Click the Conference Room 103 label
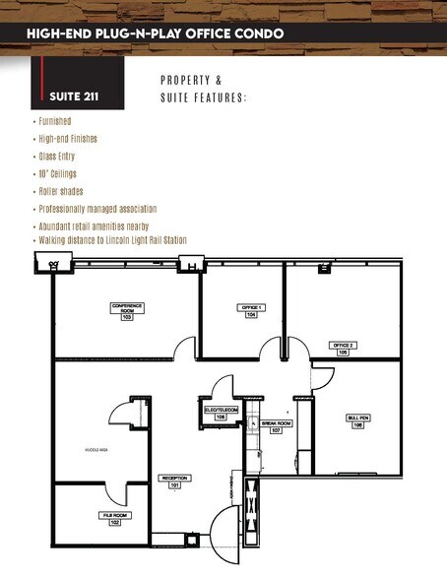127,311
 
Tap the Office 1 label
251,311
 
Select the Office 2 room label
343,348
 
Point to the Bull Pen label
358,420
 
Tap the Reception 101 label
175,482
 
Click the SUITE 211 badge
77,96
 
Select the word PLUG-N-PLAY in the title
144,33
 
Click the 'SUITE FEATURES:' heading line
204,97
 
